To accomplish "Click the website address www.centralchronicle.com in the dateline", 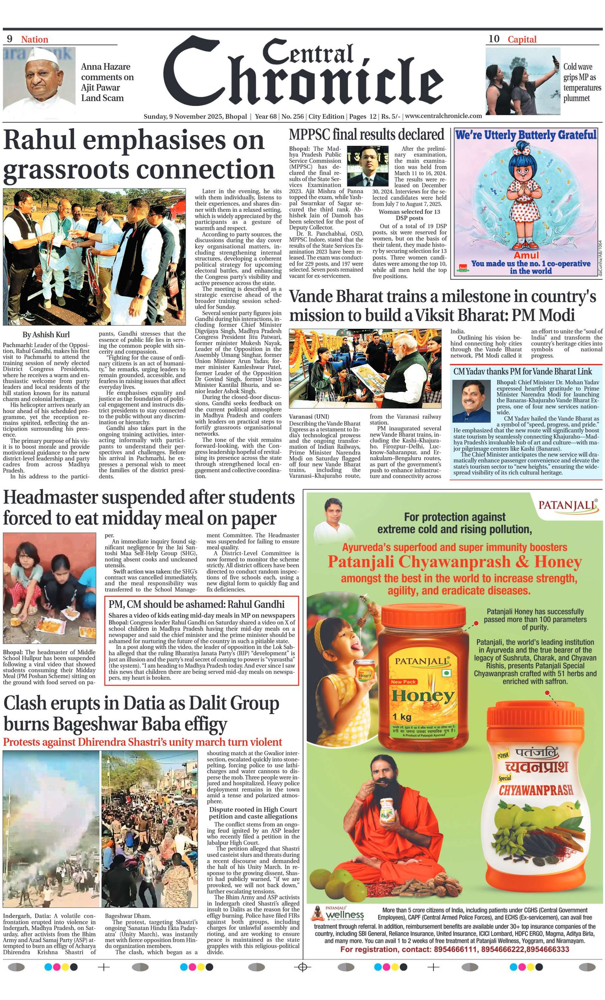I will (443, 116).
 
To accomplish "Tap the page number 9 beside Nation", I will (10, 39).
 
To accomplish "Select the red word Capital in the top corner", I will (522, 39).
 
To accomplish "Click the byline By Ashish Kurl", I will (46, 334).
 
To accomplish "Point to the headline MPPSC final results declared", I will (366, 134).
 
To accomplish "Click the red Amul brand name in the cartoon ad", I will (526, 255).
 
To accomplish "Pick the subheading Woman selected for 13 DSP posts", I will (409, 215).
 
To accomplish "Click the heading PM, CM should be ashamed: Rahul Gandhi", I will (196, 604).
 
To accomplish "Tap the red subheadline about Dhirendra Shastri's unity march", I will (142, 742).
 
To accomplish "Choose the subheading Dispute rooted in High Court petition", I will (253, 812).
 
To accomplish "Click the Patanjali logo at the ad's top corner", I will (568, 506).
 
